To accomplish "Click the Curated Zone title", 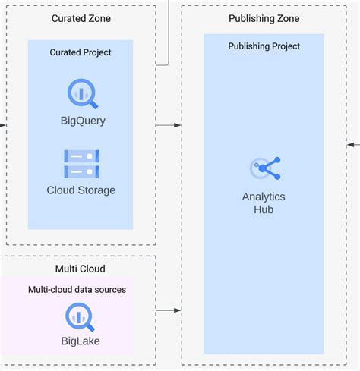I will coord(81,17).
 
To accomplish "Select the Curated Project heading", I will coord(81,52).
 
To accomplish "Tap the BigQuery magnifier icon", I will coord(81,94).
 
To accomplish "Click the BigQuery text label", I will coord(82,121).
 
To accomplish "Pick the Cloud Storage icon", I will coord(81,163).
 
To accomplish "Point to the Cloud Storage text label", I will coord(81,190).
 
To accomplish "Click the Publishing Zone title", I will coord(264,18).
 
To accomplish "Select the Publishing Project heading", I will coord(264,46).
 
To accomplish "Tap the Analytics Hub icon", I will coord(264,168).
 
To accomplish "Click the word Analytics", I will coord(264,197).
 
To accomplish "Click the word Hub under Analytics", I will coord(264,209).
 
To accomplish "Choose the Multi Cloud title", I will coord(81,269).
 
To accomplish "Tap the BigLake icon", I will coord(81,315).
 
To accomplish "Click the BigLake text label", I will coord(81,341).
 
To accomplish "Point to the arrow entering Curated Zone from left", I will coord(4,124).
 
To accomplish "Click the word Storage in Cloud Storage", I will coord(96,190).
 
